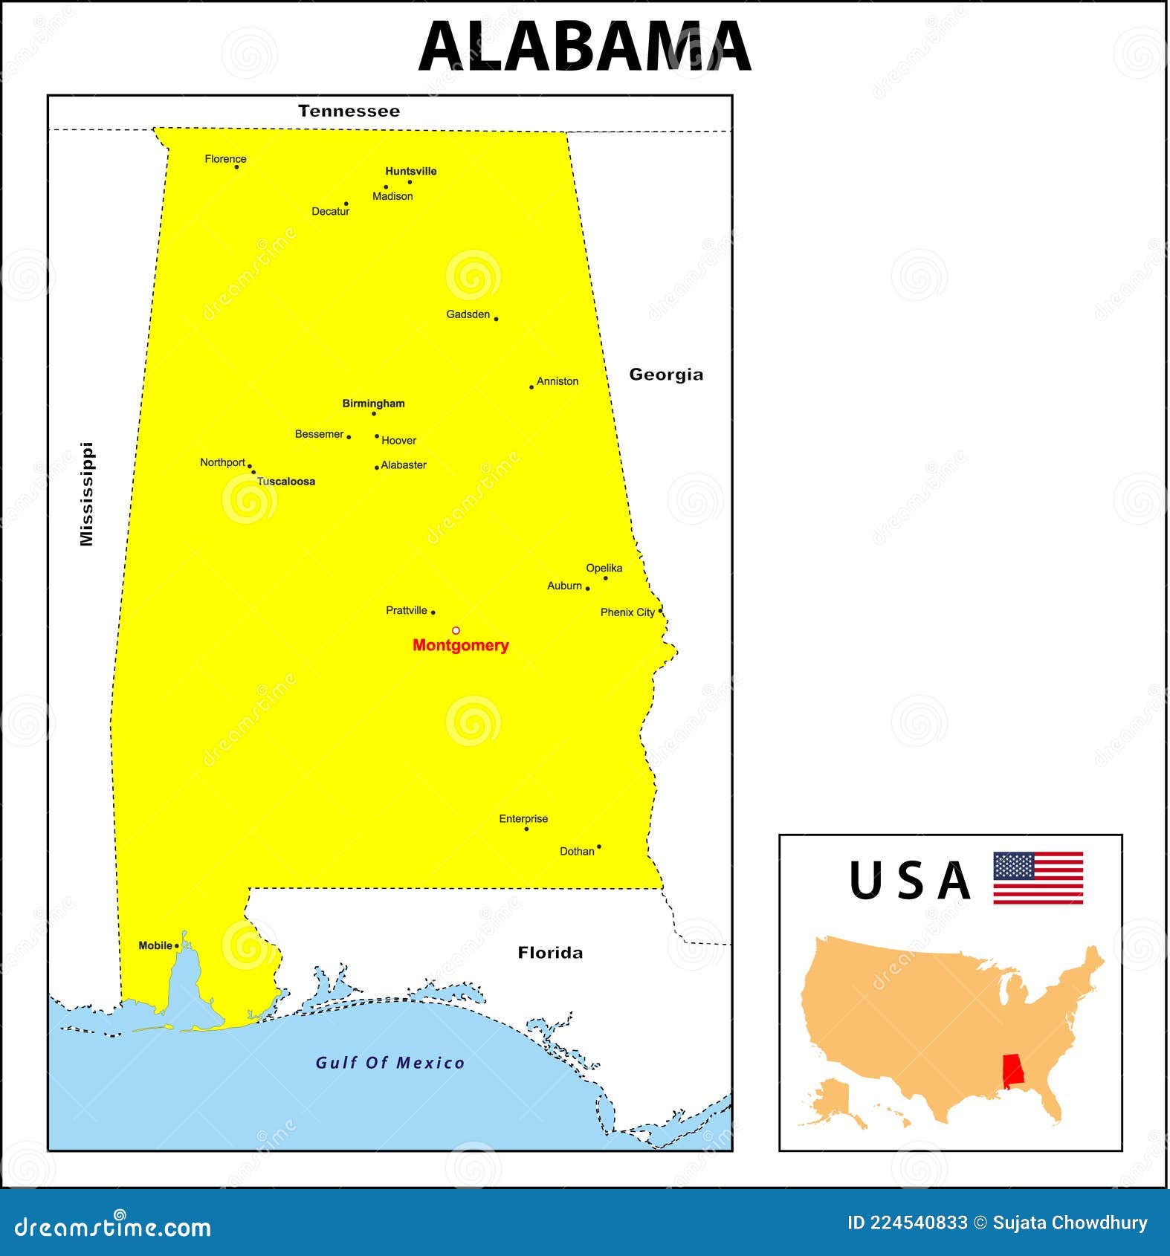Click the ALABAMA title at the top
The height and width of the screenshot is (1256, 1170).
(585, 46)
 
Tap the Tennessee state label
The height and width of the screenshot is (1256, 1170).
(349, 111)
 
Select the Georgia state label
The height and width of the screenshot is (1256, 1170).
(666, 375)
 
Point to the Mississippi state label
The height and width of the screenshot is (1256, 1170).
(88, 494)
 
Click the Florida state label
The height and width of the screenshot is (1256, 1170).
(550, 953)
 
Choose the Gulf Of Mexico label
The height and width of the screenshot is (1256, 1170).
(390, 1063)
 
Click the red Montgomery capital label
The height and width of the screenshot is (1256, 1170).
(461, 645)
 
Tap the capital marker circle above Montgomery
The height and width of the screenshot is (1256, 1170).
(456, 630)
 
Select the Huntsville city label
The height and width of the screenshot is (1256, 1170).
(411, 171)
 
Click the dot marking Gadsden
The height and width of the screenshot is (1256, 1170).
(496, 319)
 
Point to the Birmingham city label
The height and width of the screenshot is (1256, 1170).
(373, 404)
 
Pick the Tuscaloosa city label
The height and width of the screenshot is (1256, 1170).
(286, 482)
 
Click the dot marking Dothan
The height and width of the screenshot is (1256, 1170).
(599, 846)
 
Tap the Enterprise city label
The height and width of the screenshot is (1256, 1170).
(523, 819)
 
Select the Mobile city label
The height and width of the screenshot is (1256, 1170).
(155, 945)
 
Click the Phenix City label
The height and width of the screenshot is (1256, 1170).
(627, 612)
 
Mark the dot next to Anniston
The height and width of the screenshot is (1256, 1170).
(531, 387)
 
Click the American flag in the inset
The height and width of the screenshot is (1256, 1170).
(1038, 878)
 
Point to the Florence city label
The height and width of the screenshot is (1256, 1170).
(225, 159)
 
